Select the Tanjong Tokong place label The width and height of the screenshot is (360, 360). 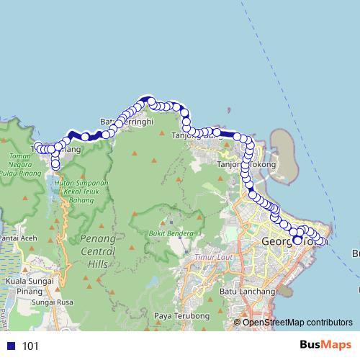coord(246,165)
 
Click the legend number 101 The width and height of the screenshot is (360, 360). coord(30,346)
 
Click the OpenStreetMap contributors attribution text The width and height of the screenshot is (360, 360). coord(297,322)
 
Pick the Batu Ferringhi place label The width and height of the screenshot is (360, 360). coord(127,122)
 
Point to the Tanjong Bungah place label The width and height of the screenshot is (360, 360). coord(197,135)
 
